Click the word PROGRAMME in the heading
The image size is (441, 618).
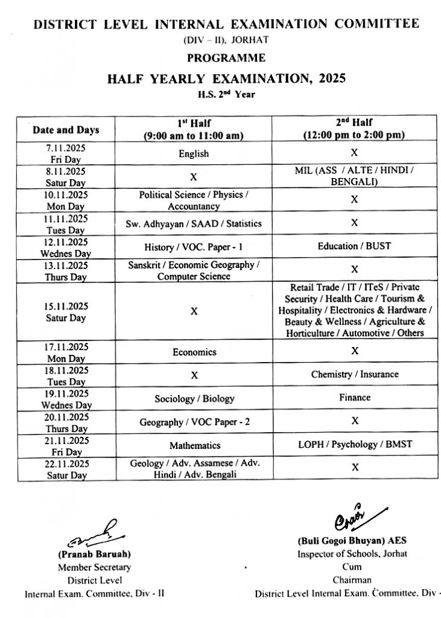[x=226, y=59]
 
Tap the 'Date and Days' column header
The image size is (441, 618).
[x=66, y=130]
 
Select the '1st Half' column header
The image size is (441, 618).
[x=194, y=129]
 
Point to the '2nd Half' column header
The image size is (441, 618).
[x=354, y=129]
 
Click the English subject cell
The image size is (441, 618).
[x=194, y=154]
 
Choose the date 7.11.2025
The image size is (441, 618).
[x=66, y=148]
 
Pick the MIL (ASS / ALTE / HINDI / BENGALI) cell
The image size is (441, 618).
[x=354, y=176]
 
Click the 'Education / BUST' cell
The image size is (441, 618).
[x=354, y=246]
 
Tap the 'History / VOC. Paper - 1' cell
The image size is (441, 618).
[x=194, y=247]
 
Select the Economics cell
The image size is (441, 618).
[x=194, y=352]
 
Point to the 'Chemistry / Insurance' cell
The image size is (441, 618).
[x=354, y=374]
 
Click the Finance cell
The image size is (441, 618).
[x=354, y=398]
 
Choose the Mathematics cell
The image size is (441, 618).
[x=194, y=445]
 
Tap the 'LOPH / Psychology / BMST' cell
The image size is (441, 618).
[x=355, y=444]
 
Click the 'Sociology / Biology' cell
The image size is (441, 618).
[x=194, y=399]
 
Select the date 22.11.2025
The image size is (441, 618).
[x=66, y=463]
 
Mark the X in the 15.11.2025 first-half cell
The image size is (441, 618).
[x=194, y=311]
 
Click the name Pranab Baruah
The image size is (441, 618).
[x=94, y=553]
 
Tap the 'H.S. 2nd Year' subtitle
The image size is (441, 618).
[x=226, y=94]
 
